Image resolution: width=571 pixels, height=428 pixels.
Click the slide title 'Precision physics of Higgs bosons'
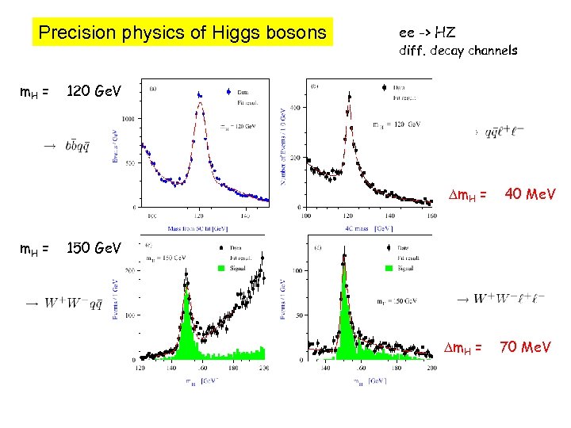(x=182, y=32)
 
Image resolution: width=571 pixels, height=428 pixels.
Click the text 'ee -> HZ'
(x=427, y=32)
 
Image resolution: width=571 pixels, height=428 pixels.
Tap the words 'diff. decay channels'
(x=458, y=50)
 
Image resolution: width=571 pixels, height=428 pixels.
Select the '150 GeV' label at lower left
(x=94, y=248)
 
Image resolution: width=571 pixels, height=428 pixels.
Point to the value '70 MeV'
(x=524, y=348)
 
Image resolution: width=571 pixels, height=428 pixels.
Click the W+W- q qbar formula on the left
(x=82, y=302)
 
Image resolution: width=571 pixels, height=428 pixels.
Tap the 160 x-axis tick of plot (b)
(x=431, y=216)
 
